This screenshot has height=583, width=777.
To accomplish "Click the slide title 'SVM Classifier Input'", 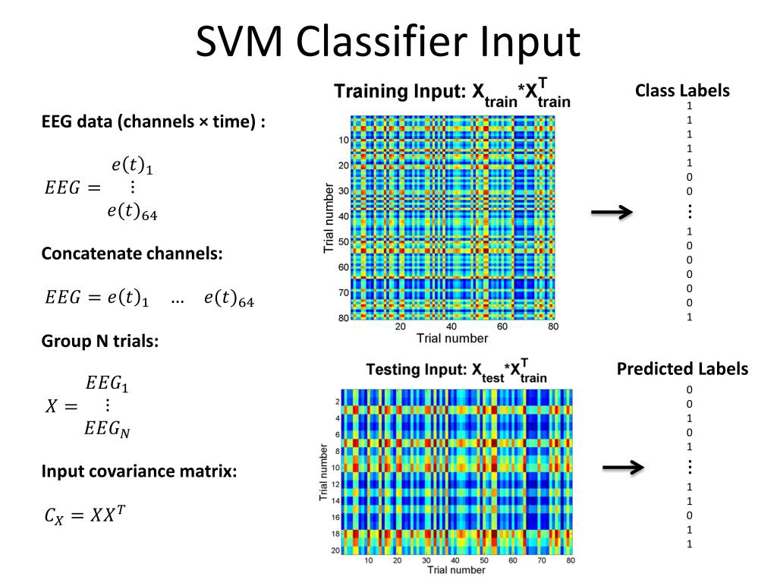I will (x=388, y=42).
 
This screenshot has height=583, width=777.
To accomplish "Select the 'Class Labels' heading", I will (x=682, y=90).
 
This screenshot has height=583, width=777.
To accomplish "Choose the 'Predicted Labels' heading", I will (x=682, y=369).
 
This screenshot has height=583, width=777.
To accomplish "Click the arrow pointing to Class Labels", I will (x=612, y=213).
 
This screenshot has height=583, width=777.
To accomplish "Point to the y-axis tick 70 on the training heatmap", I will (x=343, y=292).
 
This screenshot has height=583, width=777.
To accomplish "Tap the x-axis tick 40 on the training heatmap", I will (x=451, y=327).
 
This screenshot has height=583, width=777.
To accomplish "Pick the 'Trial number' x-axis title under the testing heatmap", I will (x=457, y=570).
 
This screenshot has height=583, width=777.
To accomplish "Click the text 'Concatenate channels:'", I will (x=132, y=254).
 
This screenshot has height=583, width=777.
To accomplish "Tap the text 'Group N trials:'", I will (x=99, y=342).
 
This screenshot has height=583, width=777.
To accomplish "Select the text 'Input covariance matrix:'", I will (x=139, y=471).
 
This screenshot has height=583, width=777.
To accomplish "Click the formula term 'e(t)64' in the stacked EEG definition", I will (x=132, y=213).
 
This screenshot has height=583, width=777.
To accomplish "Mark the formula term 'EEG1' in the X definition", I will (x=107, y=385).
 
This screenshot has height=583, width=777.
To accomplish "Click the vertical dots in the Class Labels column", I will (x=689, y=212).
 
